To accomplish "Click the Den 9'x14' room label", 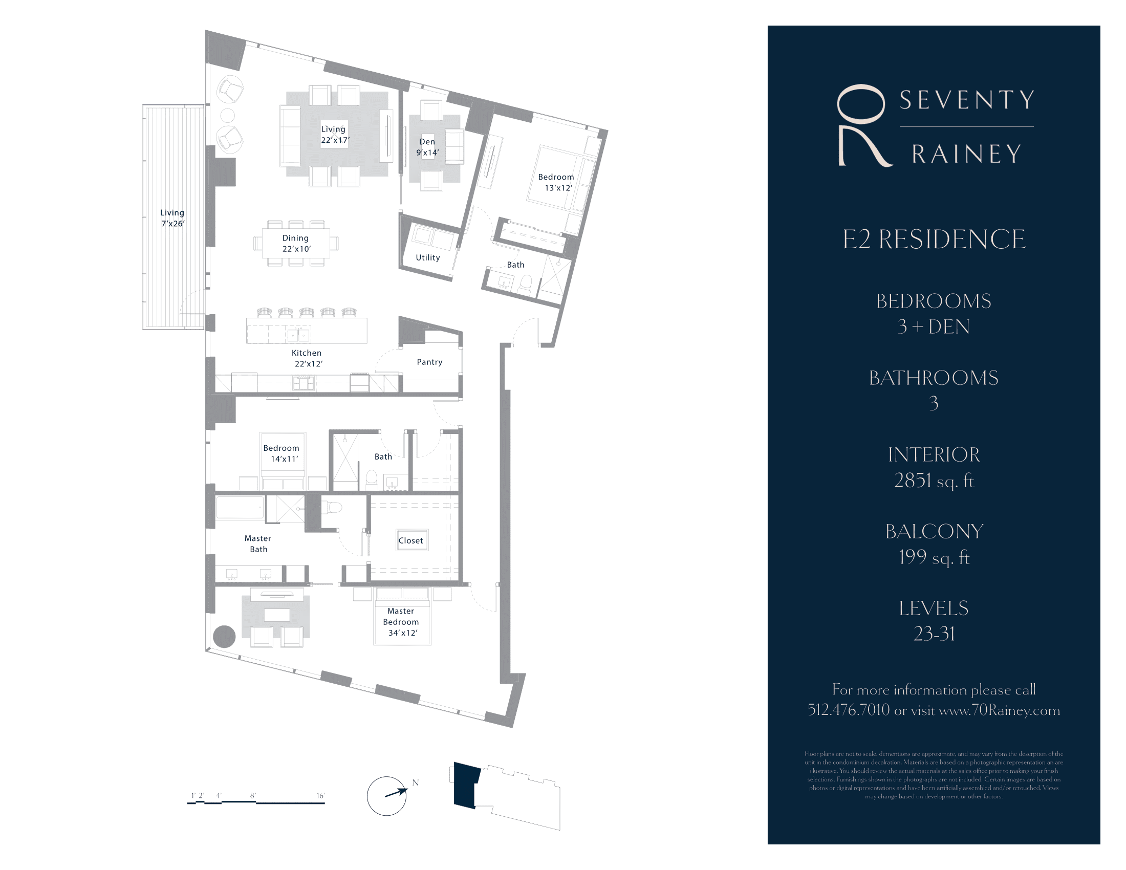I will point(427,147).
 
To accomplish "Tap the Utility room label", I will point(428,258).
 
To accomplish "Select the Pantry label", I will point(429,362).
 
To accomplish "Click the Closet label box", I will point(411,540).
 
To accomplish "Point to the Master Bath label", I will point(258,543).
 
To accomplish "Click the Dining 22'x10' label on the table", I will point(296,243).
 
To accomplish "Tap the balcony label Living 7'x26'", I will point(172,218).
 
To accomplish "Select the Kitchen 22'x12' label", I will point(307,358).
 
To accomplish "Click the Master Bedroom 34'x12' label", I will point(401,622).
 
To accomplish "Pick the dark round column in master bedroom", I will point(224,637).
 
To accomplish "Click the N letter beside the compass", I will point(416,783).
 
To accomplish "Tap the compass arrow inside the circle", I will point(396,793).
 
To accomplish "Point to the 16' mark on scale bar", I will point(320,796).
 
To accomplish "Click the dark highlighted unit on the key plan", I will point(466,785).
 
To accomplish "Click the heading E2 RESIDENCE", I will point(934,239).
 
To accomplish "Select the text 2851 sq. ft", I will point(934,481).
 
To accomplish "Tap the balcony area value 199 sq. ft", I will point(934,557).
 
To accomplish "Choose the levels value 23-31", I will point(934,634).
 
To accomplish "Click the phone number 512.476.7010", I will point(849,710).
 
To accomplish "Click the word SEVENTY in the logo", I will point(967,100).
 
